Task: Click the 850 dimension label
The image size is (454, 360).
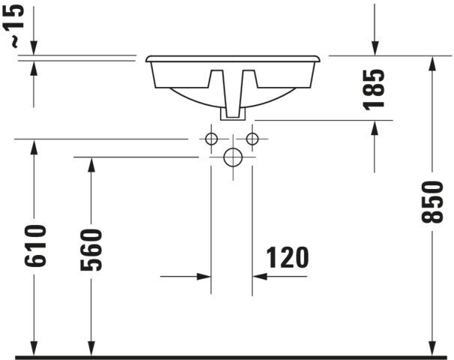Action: coord(432,202)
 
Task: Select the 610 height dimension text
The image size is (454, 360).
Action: coord(35,245)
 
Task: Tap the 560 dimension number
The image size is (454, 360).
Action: coord(91,250)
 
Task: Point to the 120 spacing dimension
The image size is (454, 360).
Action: coord(287,257)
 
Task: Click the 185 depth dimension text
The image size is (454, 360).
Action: coord(374,89)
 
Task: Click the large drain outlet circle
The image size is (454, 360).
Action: coord(233,157)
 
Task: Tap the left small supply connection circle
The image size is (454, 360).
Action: coord(211,139)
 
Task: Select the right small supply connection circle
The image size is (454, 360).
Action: coord(252,139)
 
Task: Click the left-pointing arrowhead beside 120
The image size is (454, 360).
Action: coord(260,277)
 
